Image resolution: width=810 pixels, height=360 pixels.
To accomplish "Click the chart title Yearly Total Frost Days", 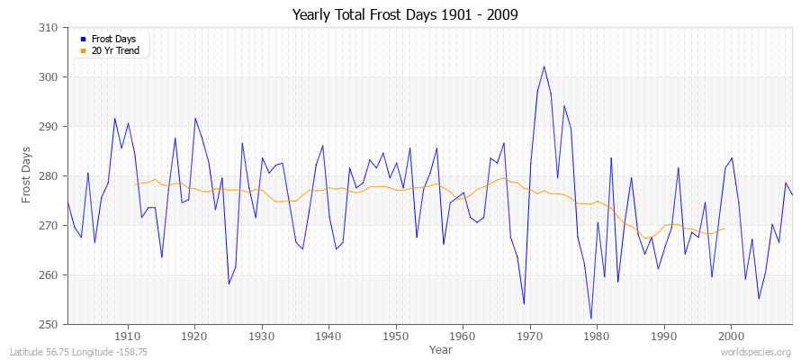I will click(x=405, y=15).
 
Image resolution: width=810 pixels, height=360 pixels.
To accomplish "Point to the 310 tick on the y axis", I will click(x=50, y=28).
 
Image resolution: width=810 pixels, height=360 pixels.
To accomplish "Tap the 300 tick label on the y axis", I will click(x=50, y=77).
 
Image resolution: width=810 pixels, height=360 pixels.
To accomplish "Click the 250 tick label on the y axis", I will click(x=50, y=324).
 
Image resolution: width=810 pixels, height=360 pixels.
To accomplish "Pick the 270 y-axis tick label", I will click(x=50, y=226).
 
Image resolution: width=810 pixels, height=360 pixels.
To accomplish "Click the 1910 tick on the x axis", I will click(x=128, y=336).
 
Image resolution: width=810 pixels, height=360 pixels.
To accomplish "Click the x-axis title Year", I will click(x=441, y=349).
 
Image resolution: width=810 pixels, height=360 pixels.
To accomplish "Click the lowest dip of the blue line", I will click(x=591, y=319).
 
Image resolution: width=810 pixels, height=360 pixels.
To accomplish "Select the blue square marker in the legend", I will click(x=83, y=40).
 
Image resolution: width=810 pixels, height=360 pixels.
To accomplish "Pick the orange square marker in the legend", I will click(x=83, y=50).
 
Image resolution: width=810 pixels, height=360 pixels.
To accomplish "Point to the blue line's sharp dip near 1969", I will click(x=524, y=303).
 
